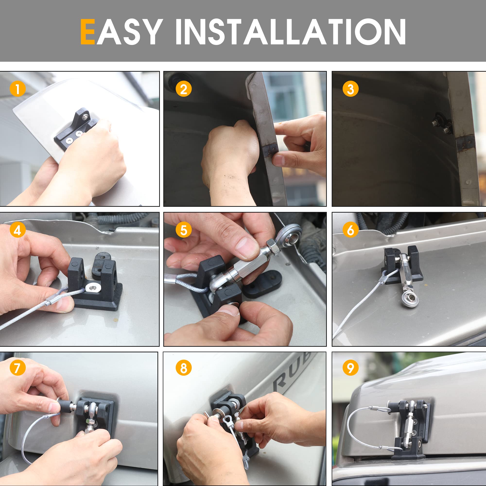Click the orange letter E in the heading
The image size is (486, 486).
(x=87, y=32)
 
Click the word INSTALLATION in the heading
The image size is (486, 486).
(x=291, y=32)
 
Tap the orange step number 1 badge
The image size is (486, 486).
(x=17, y=89)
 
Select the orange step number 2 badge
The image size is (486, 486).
(x=184, y=89)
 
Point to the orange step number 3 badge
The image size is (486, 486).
(x=350, y=89)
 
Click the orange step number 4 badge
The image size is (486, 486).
(x=17, y=230)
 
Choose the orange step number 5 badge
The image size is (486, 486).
(x=184, y=230)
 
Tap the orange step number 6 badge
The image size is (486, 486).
(x=350, y=230)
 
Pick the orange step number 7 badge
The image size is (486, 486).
(x=17, y=367)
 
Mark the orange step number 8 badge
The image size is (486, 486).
(x=184, y=367)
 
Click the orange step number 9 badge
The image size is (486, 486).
(x=350, y=367)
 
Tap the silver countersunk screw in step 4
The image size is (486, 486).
(x=93, y=287)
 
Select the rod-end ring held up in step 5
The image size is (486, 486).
(x=290, y=235)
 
